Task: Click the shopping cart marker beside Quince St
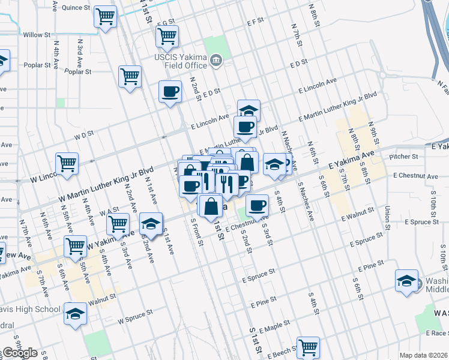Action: [x=105, y=17]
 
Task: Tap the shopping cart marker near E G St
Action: [x=167, y=37]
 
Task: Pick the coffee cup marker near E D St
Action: [x=170, y=92]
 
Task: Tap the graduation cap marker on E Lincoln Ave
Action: [x=249, y=111]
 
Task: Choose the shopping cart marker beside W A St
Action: [x=118, y=225]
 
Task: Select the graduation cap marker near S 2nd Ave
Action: [x=151, y=225]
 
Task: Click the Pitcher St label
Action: [x=403, y=157]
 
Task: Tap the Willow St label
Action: [x=37, y=35]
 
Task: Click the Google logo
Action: [x=19, y=353]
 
